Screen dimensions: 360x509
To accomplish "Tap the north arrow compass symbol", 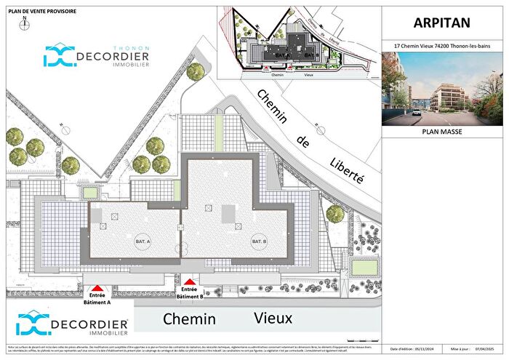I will coord(24,23).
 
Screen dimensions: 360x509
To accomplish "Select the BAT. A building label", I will coord(143,241).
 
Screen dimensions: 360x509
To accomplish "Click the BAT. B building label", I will coord(259,241).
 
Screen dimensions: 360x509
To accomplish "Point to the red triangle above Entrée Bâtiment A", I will coord(99,288).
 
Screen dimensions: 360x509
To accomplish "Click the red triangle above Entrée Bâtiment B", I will coord(190,281).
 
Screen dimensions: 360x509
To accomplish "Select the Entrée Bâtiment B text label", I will coord(190,293).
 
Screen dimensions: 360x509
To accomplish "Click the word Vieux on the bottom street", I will coord(273,318).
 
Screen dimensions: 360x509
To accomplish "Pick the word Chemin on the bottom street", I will coord(189,319).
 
